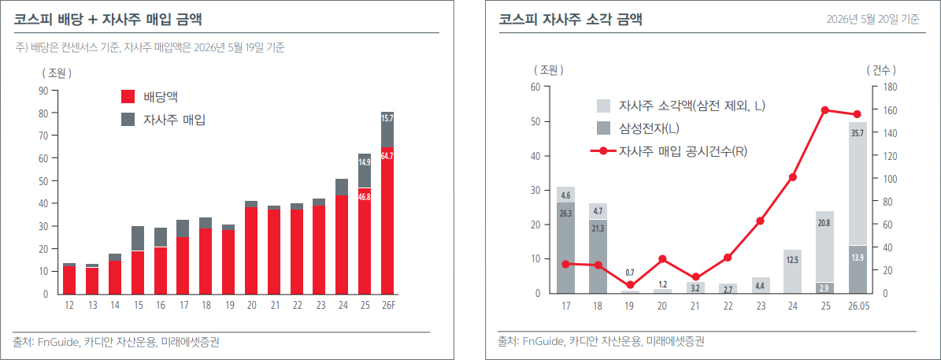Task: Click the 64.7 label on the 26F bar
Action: coord(387,155)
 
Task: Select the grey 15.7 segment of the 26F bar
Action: coord(387,130)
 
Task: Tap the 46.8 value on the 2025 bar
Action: coord(365,196)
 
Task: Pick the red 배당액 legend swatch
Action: coord(128,97)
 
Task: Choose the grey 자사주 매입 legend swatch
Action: coord(128,119)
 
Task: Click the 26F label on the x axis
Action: coord(387,306)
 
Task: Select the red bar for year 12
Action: coord(69,280)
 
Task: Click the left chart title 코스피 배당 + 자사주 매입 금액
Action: coord(108,20)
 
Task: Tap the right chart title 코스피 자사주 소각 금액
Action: coord(571,20)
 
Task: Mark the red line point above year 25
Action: coord(824,109)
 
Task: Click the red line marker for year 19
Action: coord(630,285)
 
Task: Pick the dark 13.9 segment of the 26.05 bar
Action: coord(857,269)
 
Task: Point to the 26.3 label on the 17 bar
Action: coord(565,212)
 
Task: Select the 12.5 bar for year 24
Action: coord(792,271)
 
